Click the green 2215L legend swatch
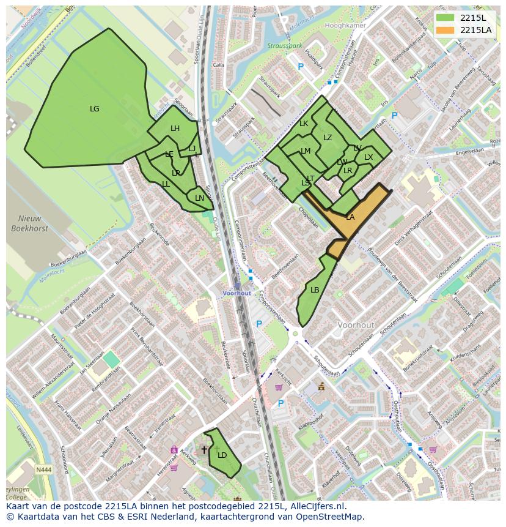(446, 18)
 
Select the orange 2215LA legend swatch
(446, 30)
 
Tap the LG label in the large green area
(94, 109)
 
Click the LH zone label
(175, 129)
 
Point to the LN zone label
(199, 198)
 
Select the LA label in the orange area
(350, 217)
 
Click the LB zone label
(315, 290)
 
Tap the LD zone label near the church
(222, 455)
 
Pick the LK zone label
(304, 124)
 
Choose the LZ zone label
(328, 138)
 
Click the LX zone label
(369, 157)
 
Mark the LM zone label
(306, 151)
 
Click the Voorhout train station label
(237, 293)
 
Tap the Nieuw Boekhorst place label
(26, 223)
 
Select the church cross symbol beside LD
(204, 450)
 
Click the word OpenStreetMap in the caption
(333, 517)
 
